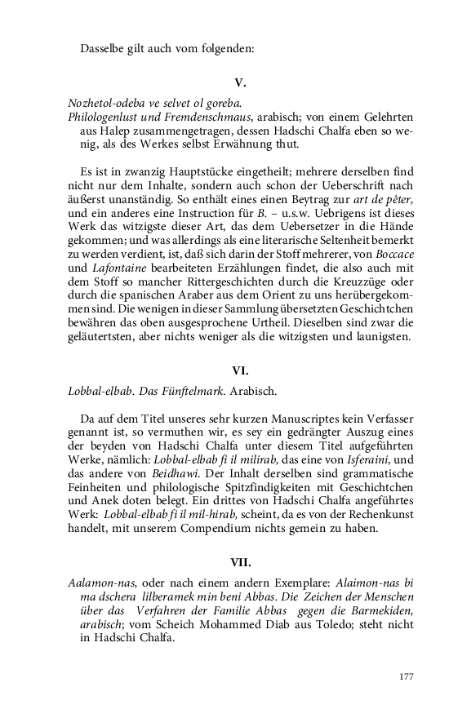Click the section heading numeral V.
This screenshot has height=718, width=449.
tap(240, 82)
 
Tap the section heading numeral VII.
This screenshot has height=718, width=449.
tap(240, 561)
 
